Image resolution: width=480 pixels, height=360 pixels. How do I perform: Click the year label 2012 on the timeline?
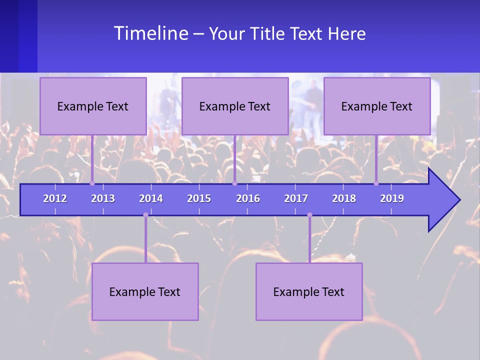55,198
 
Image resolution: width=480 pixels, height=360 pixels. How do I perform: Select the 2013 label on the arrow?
103,198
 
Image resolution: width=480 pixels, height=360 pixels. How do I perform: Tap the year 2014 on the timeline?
151,198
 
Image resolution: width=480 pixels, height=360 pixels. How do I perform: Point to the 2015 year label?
199,198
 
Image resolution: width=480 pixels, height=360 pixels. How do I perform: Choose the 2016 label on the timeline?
248,198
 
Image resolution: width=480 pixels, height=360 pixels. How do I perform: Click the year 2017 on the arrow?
296,198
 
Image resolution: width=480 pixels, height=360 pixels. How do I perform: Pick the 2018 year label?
344,198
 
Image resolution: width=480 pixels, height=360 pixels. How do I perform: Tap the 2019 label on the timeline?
392,198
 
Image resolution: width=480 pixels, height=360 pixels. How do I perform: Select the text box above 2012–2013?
93,106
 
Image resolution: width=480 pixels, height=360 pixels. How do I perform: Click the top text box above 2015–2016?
235,106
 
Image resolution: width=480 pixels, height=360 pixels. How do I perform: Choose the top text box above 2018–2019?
377,106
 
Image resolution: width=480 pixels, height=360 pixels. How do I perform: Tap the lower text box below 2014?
145,291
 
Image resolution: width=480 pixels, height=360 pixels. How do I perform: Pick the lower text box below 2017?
309,291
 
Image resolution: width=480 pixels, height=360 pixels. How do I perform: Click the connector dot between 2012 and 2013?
92,183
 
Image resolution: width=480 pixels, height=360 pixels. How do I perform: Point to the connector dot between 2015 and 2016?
234,183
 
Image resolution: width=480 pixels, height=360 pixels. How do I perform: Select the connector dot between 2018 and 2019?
376,183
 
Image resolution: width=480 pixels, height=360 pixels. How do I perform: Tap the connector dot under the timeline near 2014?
145,215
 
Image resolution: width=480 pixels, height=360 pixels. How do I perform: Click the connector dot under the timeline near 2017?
309,215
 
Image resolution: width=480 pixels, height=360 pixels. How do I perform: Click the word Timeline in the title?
150,33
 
